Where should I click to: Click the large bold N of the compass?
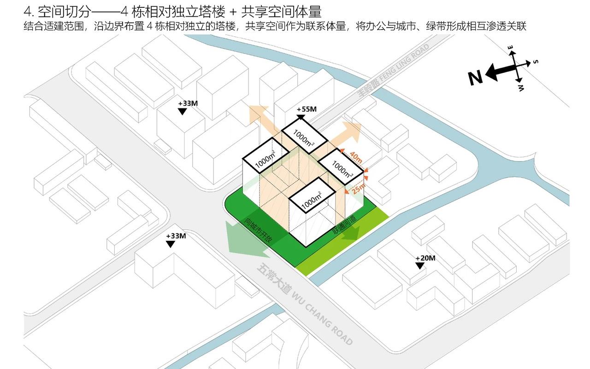[x=475, y=78]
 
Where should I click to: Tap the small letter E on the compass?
[x=511, y=48]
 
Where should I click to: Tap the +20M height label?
[x=425, y=258]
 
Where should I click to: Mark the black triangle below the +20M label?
[x=419, y=266]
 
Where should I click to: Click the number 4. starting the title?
[x=28, y=11]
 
